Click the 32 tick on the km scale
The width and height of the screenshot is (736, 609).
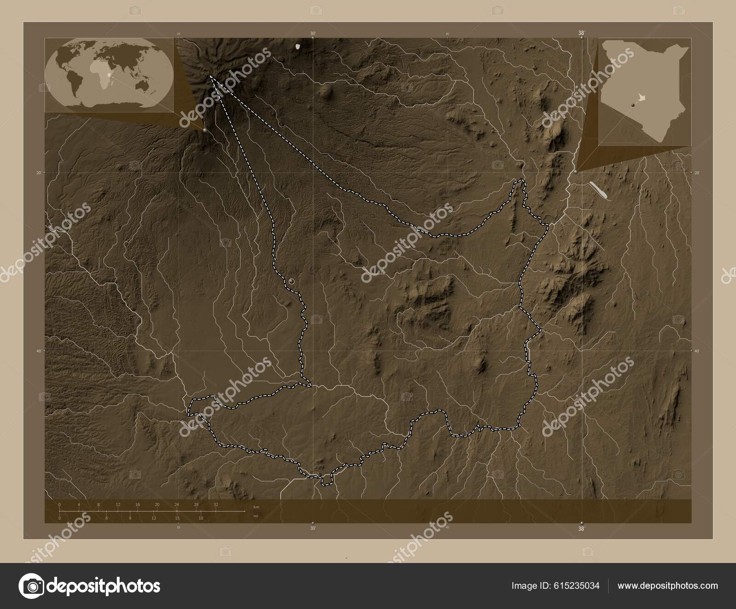pyautogui.click(x=216, y=505)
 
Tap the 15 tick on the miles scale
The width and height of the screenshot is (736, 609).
pyautogui.click(x=177, y=518)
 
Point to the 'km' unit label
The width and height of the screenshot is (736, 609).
pyautogui.click(x=256, y=506)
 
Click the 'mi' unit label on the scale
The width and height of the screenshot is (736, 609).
pyautogui.click(x=255, y=516)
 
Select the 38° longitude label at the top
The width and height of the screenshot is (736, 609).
pyautogui.click(x=581, y=33)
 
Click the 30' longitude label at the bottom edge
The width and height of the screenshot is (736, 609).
pyautogui.click(x=313, y=529)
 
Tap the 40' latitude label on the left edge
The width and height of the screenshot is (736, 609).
pyautogui.click(x=39, y=351)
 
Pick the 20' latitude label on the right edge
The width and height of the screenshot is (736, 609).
pyautogui.click(x=696, y=173)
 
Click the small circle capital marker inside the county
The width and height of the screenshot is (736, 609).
pyautogui.click(x=292, y=281)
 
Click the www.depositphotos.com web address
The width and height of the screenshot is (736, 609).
pyautogui.click(x=667, y=586)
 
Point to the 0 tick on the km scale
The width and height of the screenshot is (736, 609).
pyautogui.click(x=60, y=505)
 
